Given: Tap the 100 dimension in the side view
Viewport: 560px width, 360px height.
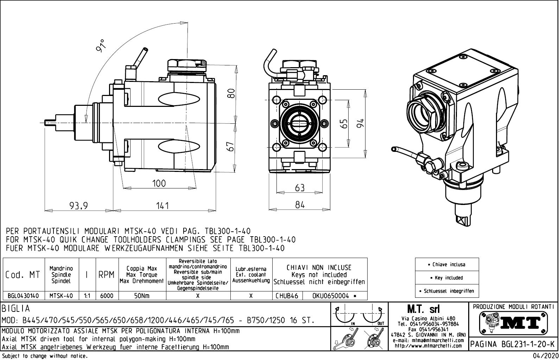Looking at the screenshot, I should tap(159, 184).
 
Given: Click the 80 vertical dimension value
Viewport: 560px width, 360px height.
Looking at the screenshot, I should tap(231, 94).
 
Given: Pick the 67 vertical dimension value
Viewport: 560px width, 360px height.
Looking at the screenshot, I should tap(231, 147).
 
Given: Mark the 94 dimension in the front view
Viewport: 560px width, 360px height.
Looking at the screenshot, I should tap(359, 123).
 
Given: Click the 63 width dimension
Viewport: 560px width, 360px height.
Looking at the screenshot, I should tap(300, 188).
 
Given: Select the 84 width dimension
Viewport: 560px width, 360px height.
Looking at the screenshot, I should tap(300, 205).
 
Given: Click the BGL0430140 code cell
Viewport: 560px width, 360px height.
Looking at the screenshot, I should tap(23, 296).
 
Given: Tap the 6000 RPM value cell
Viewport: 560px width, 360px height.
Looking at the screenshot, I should tap(107, 296).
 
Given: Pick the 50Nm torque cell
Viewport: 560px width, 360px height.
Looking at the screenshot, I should tap(142, 296).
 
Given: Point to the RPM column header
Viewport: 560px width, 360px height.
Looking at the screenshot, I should tap(106, 275).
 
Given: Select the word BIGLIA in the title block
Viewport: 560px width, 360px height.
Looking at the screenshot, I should tap(16, 309).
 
